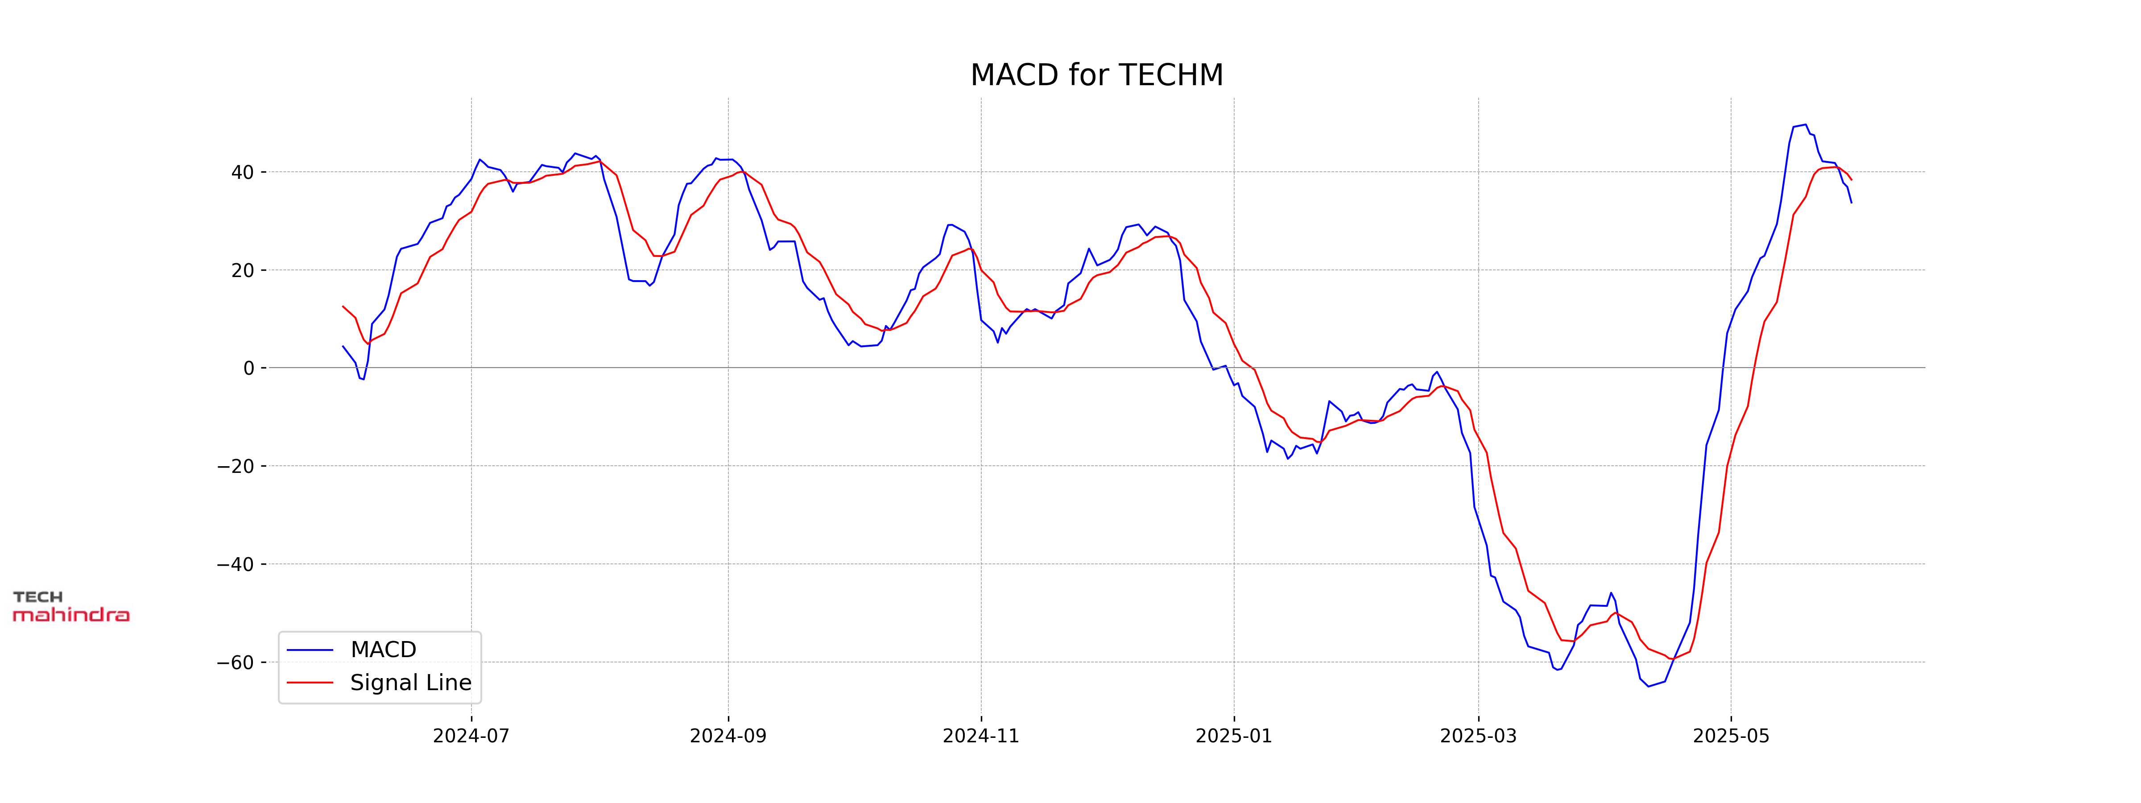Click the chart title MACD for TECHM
1096,75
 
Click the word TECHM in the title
1172,75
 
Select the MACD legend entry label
383,649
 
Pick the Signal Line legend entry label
410,683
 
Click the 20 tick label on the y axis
243,271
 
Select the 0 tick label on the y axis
248,368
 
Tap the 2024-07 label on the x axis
471,736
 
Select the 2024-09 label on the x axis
728,736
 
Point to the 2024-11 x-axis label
981,736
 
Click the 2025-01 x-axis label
1233,736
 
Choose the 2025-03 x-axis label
1478,736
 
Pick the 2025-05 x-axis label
1731,736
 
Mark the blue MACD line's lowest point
1649,686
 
